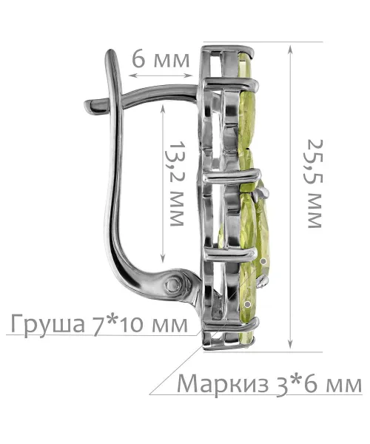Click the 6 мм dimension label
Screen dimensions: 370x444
pos(161,59)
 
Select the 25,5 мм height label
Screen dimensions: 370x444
pos(314,184)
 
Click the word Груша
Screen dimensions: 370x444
pos(48,324)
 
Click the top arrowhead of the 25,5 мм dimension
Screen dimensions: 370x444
pos(290,50)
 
